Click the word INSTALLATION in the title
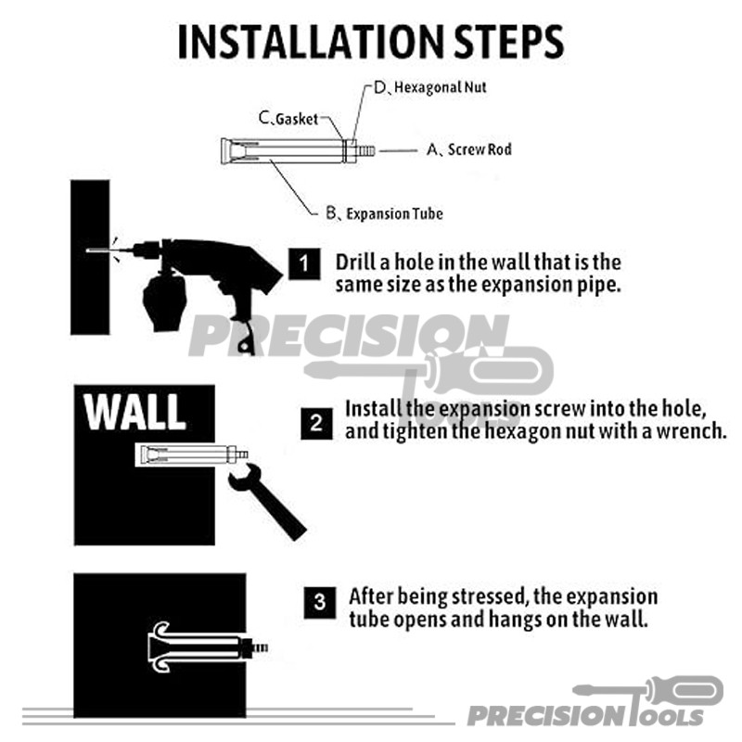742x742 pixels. point(311,42)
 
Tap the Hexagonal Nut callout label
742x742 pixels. point(430,87)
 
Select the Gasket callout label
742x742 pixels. point(288,119)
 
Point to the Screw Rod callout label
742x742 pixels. point(469,149)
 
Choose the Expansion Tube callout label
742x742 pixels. point(385,213)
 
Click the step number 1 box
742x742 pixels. point(304,263)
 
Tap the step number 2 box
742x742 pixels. point(316,423)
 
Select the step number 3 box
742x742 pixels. point(320,602)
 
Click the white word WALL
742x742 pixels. point(134,411)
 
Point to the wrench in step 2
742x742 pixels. point(267,502)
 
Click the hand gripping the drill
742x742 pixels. point(164,301)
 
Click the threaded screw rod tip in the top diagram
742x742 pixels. point(366,150)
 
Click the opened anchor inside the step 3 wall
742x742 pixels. point(207,646)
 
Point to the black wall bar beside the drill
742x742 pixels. point(90,258)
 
